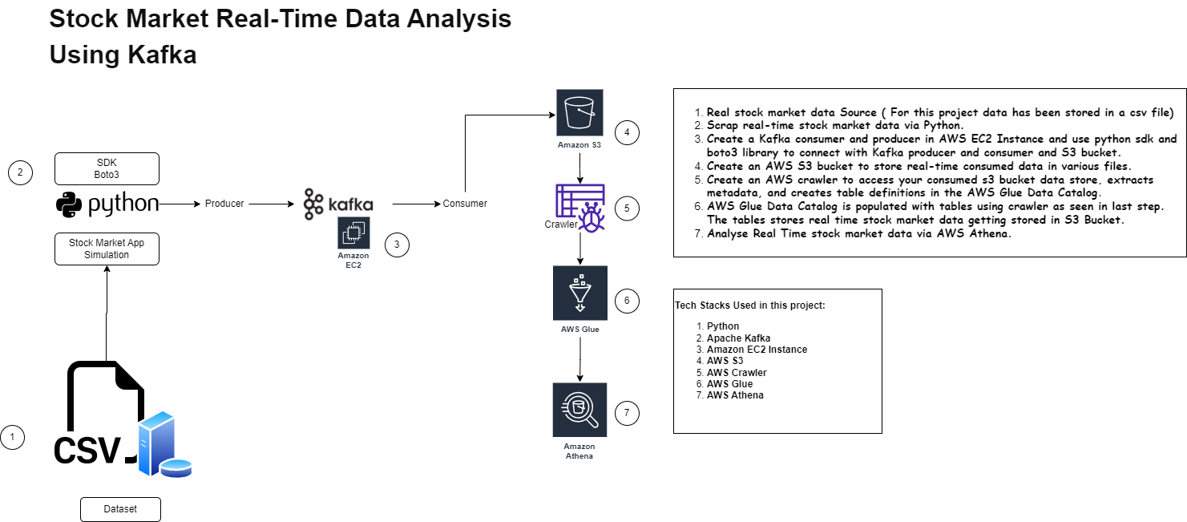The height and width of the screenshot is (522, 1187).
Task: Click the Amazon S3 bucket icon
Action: [x=579, y=113]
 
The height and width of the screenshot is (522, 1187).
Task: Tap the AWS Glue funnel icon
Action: [x=579, y=293]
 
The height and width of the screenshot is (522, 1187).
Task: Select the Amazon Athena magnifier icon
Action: [x=579, y=409]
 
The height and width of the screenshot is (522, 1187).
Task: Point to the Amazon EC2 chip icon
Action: [x=353, y=233]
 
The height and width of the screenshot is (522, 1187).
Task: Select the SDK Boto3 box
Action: [x=107, y=168]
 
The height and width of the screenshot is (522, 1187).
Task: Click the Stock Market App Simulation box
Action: [x=107, y=249]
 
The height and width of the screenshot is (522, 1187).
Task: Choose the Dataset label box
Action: [x=120, y=509]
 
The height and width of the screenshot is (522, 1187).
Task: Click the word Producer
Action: [x=224, y=204]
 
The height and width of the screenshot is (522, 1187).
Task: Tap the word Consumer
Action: [x=465, y=204]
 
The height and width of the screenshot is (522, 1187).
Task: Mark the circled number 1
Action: [x=12, y=437]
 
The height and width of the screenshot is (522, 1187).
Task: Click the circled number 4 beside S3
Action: [x=627, y=132]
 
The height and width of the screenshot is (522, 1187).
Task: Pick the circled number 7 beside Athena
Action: [x=627, y=414]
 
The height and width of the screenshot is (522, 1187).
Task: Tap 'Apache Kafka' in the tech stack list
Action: [x=738, y=338]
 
